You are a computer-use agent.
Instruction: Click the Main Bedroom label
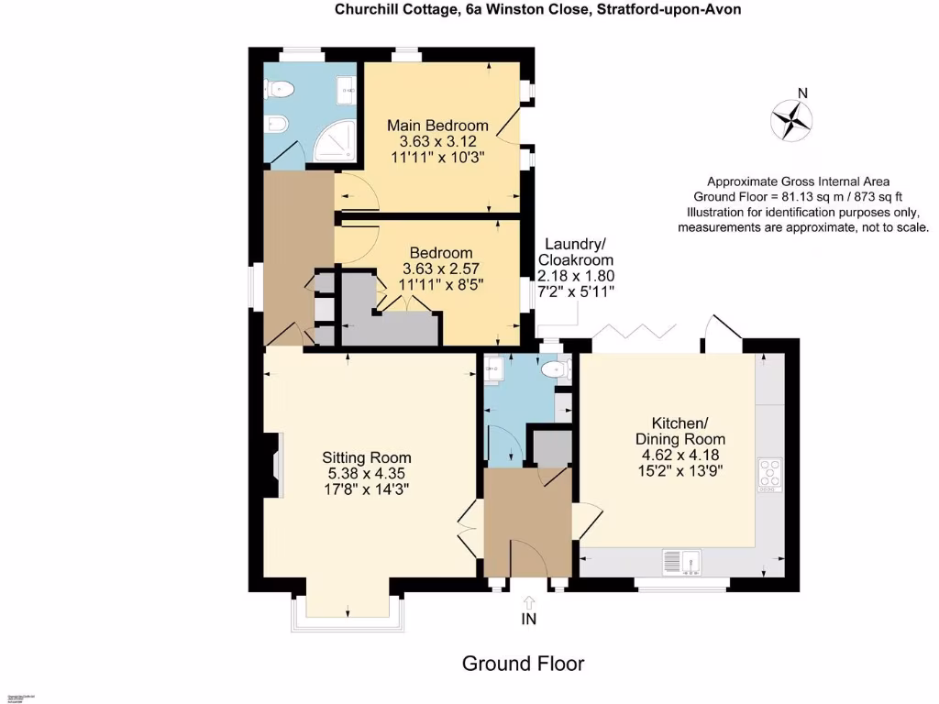coord(437,126)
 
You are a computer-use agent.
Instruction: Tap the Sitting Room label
coord(367,457)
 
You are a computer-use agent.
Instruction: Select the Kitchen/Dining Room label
coord(679,431)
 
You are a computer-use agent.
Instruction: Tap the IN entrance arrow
coord(528,603)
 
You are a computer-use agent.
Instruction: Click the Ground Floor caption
coord(523,663)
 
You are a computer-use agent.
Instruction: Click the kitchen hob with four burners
coord(769,473)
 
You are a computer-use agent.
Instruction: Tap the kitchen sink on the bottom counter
coord(680,560)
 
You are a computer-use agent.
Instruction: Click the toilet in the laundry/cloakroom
coord(556,369)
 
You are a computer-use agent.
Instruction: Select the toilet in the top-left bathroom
coord(280,89)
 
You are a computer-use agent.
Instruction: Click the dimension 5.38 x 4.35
coord(367,474)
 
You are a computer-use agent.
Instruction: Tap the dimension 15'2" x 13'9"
coord(679,471)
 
